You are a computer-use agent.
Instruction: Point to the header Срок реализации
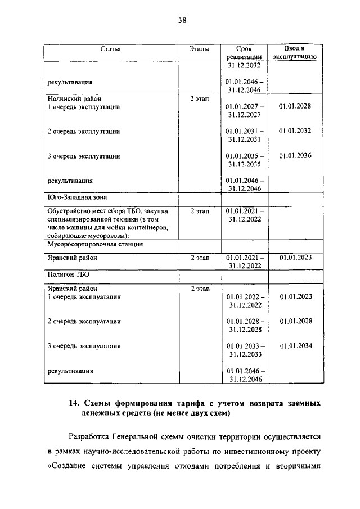tap(245, 53)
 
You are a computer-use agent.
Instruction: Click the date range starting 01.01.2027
tap(245, 110)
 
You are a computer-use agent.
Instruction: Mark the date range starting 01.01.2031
tap(245, 135)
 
